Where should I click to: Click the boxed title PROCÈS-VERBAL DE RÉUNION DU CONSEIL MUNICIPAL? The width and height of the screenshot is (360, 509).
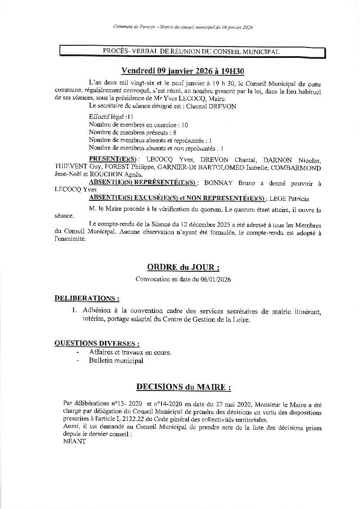tap(192, 51)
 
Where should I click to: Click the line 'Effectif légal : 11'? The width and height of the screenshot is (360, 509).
tap(111, 117)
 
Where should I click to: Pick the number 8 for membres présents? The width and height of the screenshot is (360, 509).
tap(174, 132)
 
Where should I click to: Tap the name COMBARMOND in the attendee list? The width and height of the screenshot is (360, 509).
tap(298, 168)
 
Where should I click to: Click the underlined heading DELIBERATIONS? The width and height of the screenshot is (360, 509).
tap(87, 299)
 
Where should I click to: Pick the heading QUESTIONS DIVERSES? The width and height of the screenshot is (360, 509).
tap(97, 343)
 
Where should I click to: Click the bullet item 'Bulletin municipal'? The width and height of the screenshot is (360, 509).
tap(116, 361)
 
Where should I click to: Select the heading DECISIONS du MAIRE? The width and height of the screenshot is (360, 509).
tap(183, 387)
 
